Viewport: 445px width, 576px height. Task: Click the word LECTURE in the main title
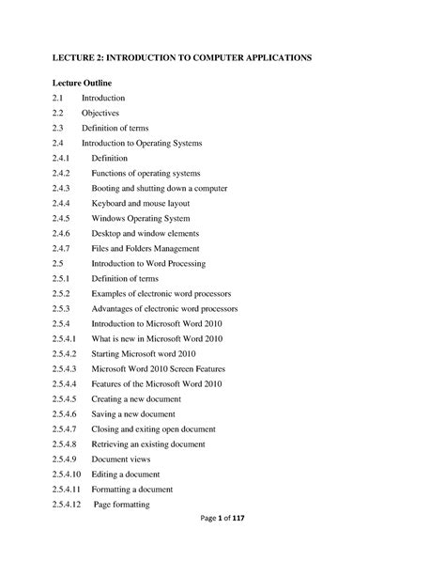point(76,58)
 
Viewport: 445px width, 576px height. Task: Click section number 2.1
point(59,98)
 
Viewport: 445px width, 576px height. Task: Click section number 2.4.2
point(63,173)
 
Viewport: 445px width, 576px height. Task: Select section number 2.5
point(59,263)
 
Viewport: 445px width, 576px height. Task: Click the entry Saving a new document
point(134,413)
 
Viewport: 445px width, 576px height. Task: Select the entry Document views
point(122,459)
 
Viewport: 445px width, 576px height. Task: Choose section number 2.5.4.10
point(69,474)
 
